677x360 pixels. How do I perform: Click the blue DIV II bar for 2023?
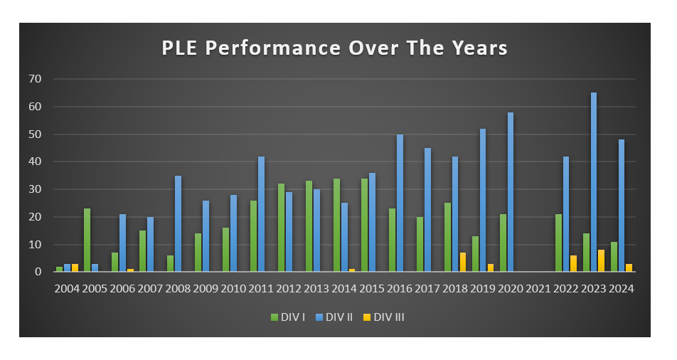pos(594,182)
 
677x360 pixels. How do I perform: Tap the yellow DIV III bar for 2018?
pos(463,262)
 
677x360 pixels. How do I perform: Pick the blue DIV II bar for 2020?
pos(511,192)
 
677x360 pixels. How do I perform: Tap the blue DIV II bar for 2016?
pos(400,203)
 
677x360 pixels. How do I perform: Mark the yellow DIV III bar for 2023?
pos(602,260)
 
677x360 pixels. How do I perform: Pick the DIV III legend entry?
pos(388,317)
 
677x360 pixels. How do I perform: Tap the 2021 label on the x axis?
pos(538,288)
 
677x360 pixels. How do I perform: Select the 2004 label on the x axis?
pos(68,288)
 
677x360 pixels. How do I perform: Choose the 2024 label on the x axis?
pos(622,288)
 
